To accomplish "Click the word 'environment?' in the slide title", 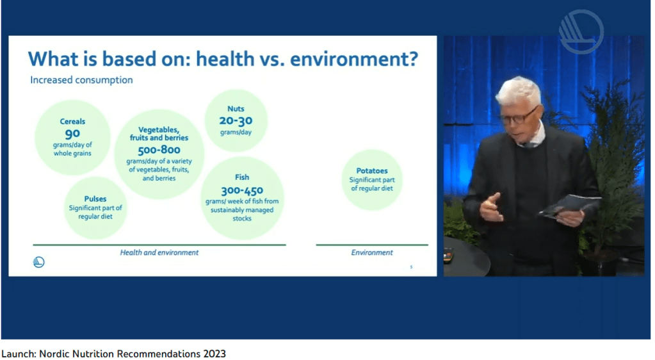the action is click(354, 58).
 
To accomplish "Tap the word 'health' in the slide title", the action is click(225, 58).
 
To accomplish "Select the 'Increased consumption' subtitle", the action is click(81, 80).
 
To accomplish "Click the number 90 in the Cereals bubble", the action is click(72, 135).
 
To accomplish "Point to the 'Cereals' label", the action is click(72, 122).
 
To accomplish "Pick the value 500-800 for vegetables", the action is click(159, 150).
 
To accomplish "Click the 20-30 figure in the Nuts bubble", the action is click(236, 121).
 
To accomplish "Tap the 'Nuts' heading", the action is click(236, 109).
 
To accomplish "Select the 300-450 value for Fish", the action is click(242, 191).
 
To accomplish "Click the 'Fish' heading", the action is click(242, 177).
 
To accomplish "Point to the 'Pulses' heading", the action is click(95, 199).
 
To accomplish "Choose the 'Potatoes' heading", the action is click(372, 170).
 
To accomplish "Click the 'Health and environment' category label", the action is click(159, 252).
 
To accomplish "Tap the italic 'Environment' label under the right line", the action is click(372, 252).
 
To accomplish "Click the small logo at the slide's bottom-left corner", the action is click(38, 262).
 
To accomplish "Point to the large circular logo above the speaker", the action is click(581, 32).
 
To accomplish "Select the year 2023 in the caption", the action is click(214, 354).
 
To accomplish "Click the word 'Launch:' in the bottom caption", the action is click(19, 354).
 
